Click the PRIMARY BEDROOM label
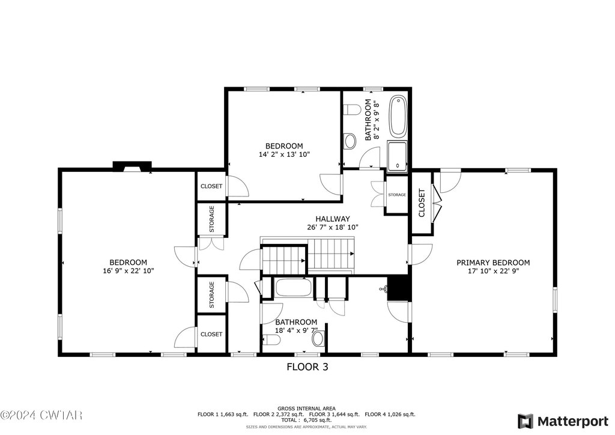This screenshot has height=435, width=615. tap(493, 263)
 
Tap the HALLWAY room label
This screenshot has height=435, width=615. tap(333, 219)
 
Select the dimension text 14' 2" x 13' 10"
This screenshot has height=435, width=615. tap(284, 154)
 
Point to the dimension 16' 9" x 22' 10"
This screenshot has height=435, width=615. tap(129, 270)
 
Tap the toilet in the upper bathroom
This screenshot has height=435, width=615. tap(351, 109)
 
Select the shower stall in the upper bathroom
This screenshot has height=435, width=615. tap(398, 156)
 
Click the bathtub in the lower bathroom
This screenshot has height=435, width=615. tap(294, 288)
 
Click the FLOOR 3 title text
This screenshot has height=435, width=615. tap(307, 367)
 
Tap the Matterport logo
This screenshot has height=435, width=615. tap(562, 421)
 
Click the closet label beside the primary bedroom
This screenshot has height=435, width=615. tap(422, 203)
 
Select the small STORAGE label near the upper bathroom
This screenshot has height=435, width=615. tap(397, 195)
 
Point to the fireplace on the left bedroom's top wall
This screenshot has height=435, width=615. tap(132, 166)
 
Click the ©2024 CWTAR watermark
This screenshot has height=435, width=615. tap(41, 415)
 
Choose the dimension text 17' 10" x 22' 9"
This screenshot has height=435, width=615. tap(494, 271)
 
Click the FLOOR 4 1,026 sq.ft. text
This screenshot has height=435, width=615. tap(390, 414)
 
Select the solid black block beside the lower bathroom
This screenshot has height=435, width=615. tap(399, 288)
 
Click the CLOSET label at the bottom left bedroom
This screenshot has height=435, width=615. tap(211, 334)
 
